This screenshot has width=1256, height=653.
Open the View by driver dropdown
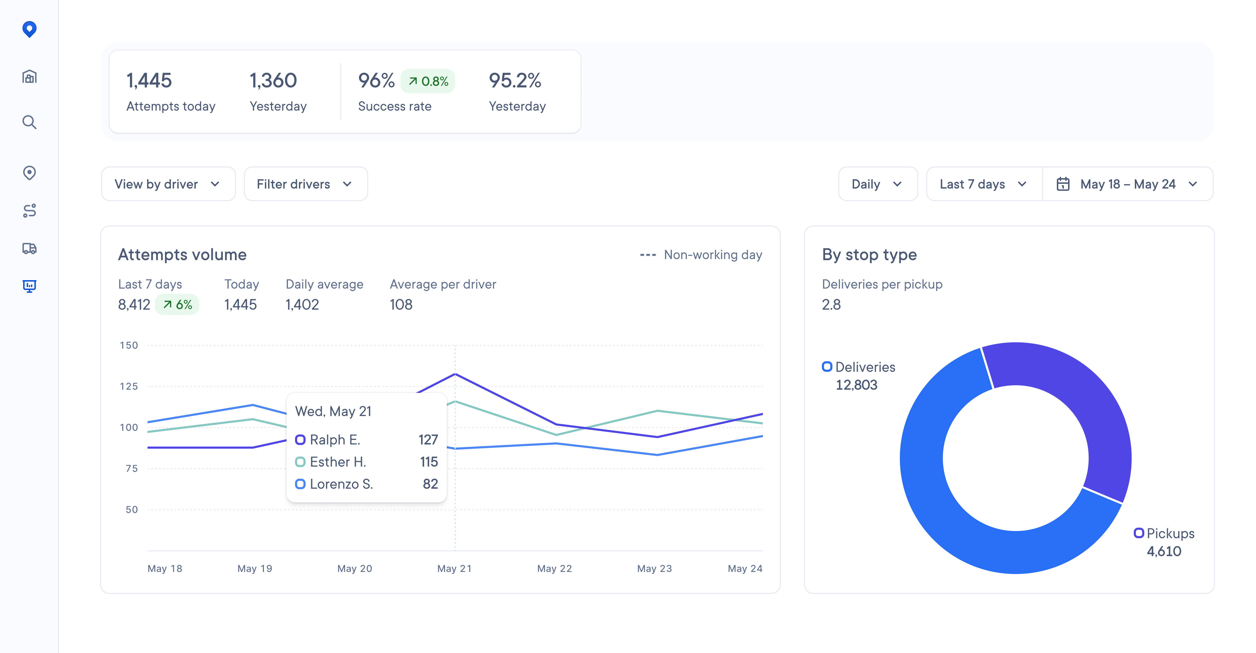[x=168, y=184]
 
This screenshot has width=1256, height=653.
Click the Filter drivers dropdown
[x=305, y=184]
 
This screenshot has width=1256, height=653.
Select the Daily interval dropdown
[x=877, y=184]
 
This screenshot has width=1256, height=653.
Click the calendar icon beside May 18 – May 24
[x=1063, y=184]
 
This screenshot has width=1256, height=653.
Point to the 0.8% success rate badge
[x=428, y=81]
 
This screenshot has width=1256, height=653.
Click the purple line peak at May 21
[x=455, y=374]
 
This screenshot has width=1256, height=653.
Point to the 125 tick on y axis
[x=129, y=387]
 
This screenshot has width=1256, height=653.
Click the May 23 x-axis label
[x=654, y=569]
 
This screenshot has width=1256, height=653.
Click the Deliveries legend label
[x=865, y=367]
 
